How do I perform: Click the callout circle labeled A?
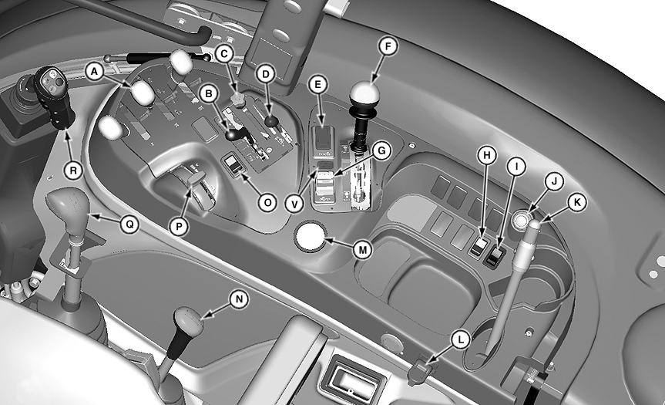[95, 72]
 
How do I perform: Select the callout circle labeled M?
[363, 250]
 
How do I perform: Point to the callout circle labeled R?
[73, 170]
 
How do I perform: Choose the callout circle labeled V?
[294, 204]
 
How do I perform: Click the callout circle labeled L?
[461, 339]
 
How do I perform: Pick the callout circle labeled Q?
[129, 223]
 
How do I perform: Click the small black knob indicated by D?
[271, 122]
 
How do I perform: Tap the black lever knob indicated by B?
[233, 136]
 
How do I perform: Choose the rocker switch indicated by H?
[478, 248]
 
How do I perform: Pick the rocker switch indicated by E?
[323, 137]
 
